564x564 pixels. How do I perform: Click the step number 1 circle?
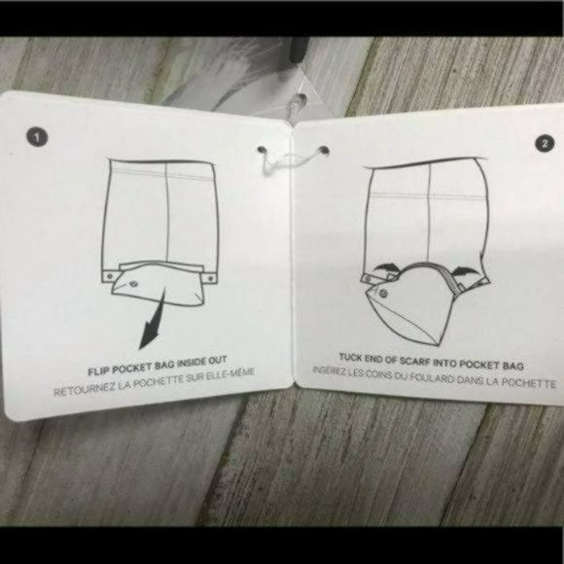[37, 137]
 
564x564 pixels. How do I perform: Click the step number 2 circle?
[545, 143]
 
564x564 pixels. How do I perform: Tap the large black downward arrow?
[154, 316]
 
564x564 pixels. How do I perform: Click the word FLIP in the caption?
[97, 370]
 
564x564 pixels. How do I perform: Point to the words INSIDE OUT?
[201, 362]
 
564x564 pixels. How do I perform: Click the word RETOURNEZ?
[85, 389]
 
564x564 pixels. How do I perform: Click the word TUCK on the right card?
[350, 357]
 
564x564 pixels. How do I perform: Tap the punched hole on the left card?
[261, 150]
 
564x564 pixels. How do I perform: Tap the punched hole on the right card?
[325, 150]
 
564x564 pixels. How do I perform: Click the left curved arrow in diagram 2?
[385, 266]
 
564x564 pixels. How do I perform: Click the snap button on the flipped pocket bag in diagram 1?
[134, 285]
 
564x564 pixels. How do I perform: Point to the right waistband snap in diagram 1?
[210, 278]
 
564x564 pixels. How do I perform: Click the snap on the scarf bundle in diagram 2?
[383, 293]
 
